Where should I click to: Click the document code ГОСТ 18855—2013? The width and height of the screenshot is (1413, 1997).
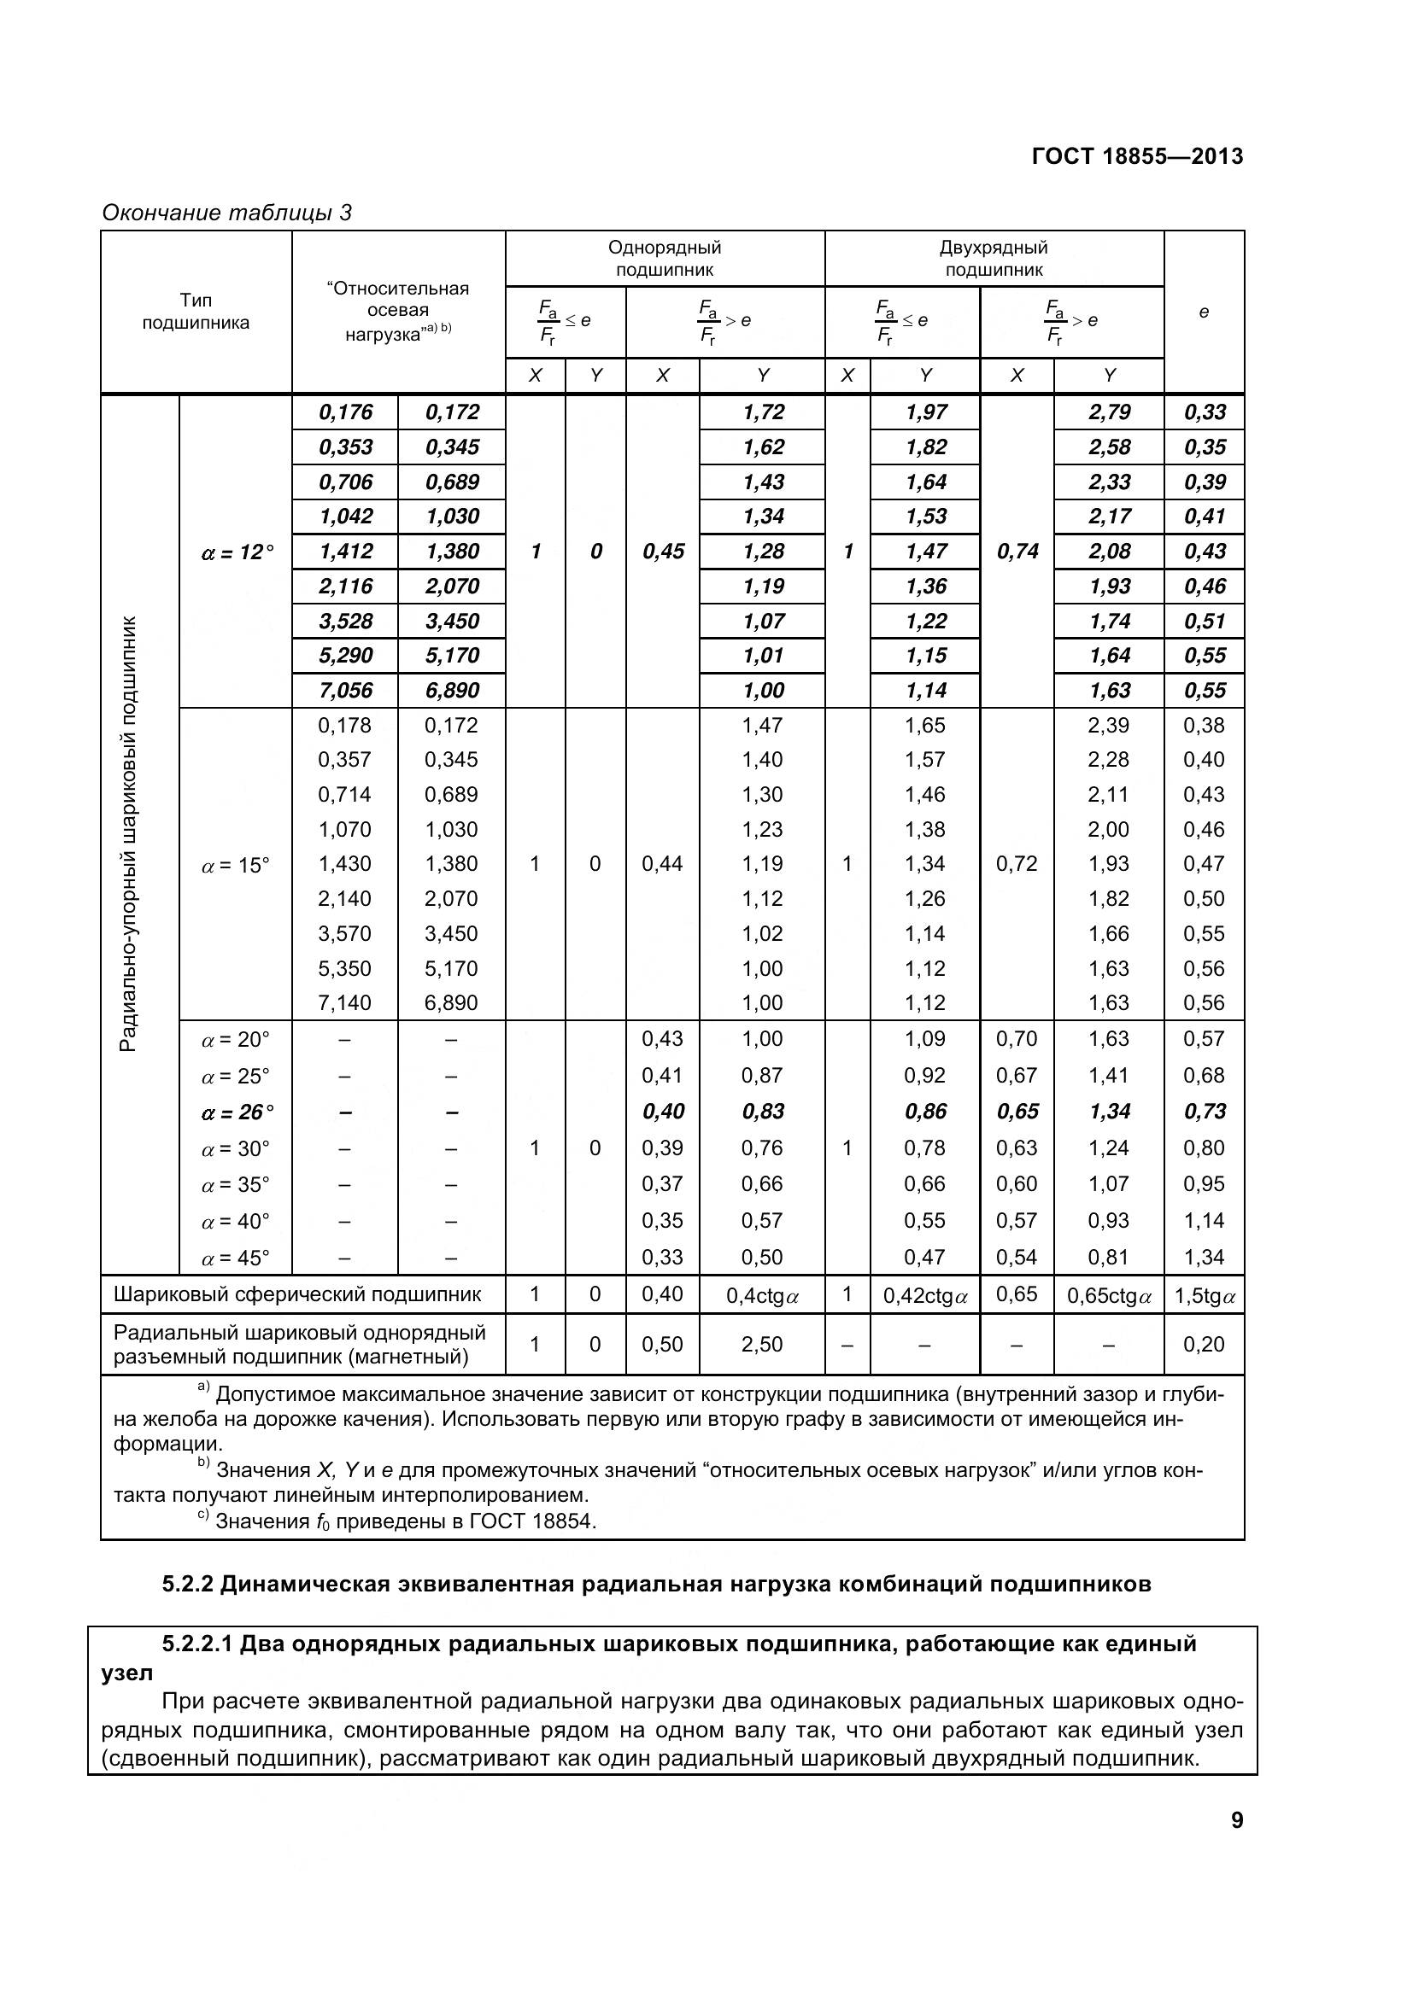(1136, 156)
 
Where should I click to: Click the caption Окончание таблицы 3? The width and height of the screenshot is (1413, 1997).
(226, 213)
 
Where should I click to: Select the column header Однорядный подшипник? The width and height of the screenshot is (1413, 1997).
(664, 259)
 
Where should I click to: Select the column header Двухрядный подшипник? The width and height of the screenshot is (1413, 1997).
(993, 259)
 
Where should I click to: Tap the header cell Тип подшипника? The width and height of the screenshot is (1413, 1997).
(196, 312)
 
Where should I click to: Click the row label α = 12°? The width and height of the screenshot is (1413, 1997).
(237, 552)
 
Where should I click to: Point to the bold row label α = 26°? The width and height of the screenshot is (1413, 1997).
(237, 1112)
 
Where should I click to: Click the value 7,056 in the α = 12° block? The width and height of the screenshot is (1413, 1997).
(344, 691)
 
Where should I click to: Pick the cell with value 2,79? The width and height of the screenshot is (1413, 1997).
(1109, 412)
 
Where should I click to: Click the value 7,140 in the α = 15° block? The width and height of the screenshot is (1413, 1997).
(344, 1003)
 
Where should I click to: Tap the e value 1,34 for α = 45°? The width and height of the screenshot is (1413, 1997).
(1204, 1257)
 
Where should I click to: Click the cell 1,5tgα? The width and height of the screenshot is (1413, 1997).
(1205, 1296)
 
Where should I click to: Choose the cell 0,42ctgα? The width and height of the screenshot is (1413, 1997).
(925, 1296)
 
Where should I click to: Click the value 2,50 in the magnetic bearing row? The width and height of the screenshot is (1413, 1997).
(761, 1344)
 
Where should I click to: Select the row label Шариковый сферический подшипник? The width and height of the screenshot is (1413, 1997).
(296, 1294)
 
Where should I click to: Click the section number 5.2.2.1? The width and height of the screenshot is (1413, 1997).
(198, 1644)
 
